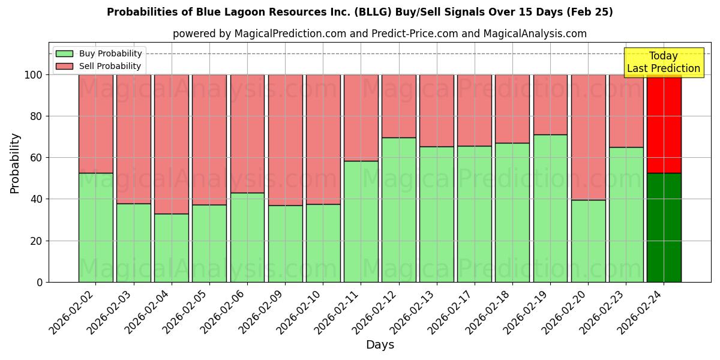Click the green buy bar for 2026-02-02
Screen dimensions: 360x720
95,227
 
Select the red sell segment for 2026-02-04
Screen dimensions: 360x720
172,144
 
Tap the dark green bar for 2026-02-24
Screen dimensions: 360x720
664,227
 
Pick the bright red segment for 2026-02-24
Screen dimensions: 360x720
664,124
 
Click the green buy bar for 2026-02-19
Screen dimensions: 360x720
550,208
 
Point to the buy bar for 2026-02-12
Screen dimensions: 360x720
399,209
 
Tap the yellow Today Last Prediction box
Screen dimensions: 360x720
664,62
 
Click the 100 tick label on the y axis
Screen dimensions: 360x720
32,75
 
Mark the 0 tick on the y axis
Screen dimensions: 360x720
40,282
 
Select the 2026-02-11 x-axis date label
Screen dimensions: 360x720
337,310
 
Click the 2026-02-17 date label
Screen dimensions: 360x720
450,310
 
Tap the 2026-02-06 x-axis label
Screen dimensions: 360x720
223,310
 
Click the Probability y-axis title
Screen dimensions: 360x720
15,163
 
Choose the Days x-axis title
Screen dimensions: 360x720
380,345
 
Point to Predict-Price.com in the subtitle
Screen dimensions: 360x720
409,34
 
